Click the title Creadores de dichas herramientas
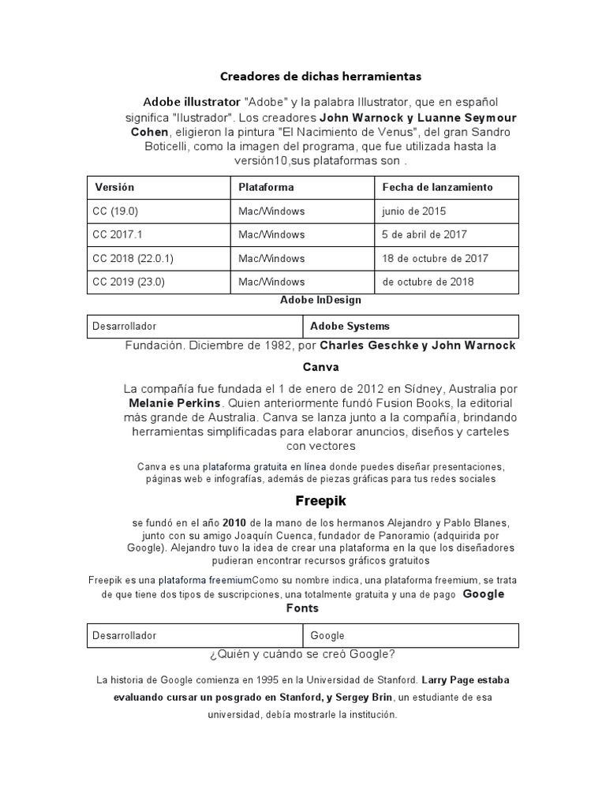320,77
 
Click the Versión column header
114,187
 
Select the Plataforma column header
266,187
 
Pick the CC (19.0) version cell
115,211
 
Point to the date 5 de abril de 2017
425,234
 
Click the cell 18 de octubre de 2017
435,258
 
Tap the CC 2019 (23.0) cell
129,281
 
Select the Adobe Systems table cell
350,326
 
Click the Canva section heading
320,367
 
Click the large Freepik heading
320,500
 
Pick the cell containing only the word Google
327,635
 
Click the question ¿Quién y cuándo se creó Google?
303,654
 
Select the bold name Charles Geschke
372,346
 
